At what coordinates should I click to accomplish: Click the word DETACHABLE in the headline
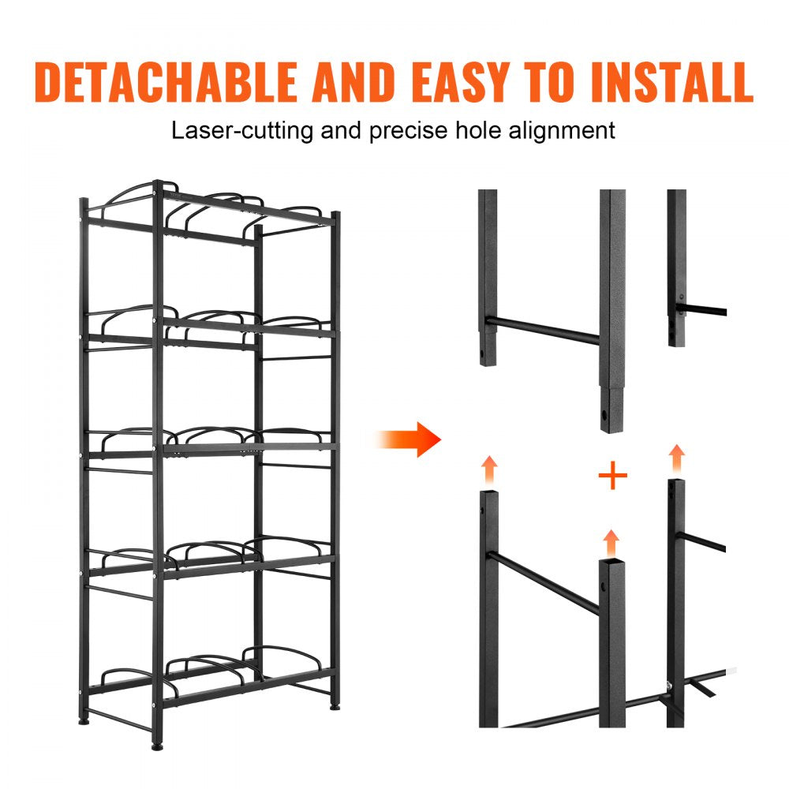tap(166, 82)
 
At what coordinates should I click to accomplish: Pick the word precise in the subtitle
tap(406, 129)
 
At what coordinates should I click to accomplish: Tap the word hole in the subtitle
tap(484, 129)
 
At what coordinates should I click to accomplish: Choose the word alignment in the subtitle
tap(563, 129)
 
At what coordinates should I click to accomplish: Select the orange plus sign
tap(612, 477)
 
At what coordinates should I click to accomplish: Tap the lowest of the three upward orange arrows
tap(610, 544)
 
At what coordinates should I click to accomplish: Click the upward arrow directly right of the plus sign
tap(676, 458)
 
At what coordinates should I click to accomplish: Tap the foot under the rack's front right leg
tap(335, 705)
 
